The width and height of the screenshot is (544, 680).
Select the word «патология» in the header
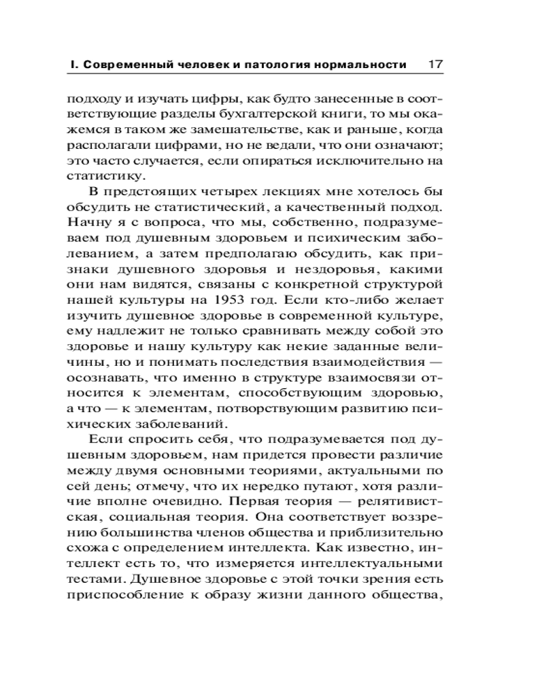(273, 65)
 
